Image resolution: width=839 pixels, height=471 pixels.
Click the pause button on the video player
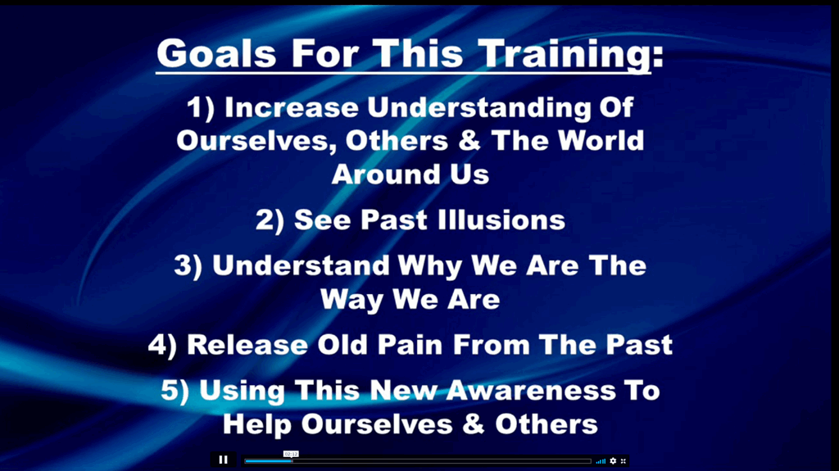click(x=223, y=460)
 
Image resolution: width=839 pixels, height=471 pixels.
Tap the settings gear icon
click(x=613, y=461)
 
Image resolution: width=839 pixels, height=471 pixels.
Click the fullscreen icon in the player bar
click(x=624, y=461)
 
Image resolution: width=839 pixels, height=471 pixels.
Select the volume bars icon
click(x=601, y=461)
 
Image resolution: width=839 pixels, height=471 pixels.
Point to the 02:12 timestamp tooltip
click(x=291, y=454)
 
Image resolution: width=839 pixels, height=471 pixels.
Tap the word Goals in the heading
click(x=216, y=54)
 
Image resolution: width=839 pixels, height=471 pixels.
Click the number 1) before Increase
click(x=201, y=107)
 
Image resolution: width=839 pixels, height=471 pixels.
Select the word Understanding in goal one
click(x=478, y=108)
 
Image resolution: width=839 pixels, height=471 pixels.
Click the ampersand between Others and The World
click(x=469, y=141)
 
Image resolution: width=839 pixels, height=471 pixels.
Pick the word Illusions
click(x=501, y=220)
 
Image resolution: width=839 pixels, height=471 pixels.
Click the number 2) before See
click(x=270, y=220)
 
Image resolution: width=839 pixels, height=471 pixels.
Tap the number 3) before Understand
click(x=188, y=266)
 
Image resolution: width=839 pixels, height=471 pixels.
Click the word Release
click(x=247, y=345)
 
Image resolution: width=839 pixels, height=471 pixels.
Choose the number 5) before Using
click(x=175, y=390)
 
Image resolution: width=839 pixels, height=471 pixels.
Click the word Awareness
click(x=531, y=390)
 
